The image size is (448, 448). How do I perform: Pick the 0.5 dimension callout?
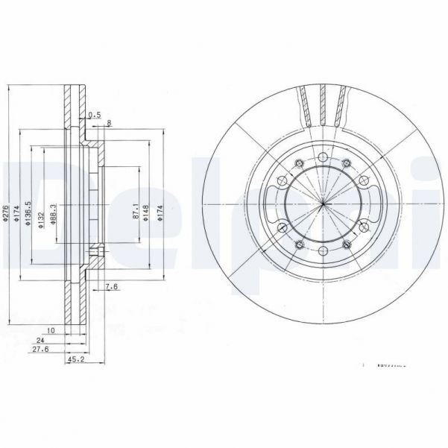94,115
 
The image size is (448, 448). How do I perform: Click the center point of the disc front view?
322,204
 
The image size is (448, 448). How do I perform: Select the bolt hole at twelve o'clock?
322,157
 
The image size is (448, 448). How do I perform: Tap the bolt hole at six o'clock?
322,251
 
